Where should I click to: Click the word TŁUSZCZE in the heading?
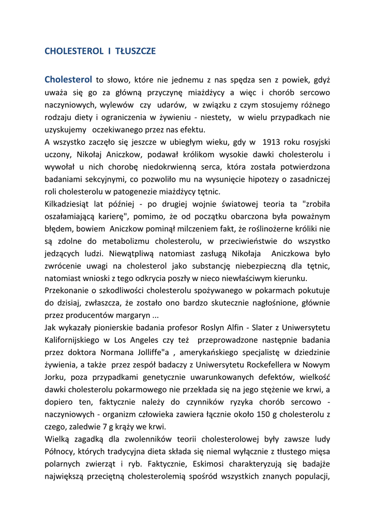pos(136,51)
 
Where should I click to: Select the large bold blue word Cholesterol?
pos(68,80)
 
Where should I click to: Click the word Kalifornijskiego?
pos(74,340)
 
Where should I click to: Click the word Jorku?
pos(55,377)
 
